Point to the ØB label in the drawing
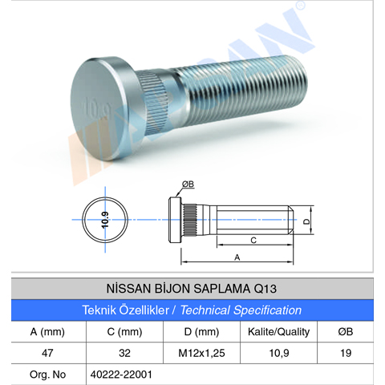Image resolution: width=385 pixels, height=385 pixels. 188,184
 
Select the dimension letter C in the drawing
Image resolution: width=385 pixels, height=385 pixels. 253,240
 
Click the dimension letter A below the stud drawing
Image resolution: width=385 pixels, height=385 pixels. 237,257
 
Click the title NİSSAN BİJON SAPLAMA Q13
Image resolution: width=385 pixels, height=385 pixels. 192,287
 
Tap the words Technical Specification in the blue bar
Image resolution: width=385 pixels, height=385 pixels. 241,310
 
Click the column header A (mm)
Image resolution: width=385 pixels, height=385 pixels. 47,331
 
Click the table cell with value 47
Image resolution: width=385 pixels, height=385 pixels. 47,352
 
